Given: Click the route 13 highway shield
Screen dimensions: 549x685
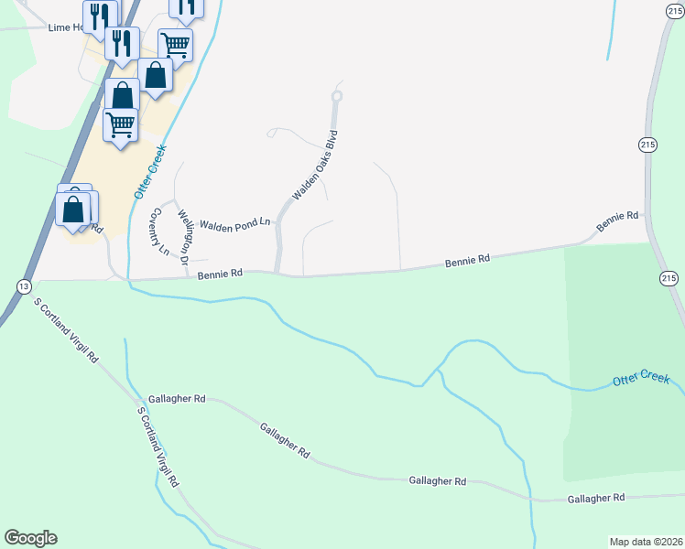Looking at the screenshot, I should coord(22,286).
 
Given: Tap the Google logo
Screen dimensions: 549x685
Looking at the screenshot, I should coord(30,538).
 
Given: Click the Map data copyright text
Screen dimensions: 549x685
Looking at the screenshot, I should coord(646,540).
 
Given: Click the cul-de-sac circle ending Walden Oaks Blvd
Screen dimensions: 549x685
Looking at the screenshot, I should coord(337,95).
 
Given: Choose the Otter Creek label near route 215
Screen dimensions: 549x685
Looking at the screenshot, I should coord(641,380).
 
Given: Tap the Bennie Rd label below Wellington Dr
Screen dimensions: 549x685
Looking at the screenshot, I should coord(220,273).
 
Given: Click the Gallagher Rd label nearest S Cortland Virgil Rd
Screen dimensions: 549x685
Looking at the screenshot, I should coord(177,400).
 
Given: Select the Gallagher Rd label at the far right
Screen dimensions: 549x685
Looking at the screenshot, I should coord(595,498).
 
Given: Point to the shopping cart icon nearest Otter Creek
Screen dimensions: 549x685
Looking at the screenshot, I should coord(175,43).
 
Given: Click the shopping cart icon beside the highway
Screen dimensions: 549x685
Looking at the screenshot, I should coord(120,124).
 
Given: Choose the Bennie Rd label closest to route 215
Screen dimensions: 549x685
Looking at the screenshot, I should coord(616,221).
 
